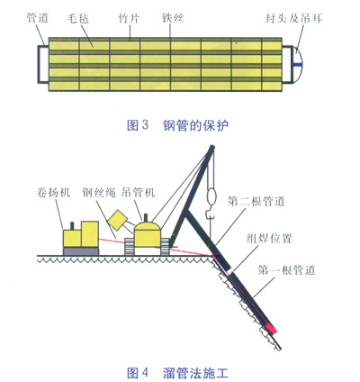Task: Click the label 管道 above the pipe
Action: (37, 18)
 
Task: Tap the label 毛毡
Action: (78, 19)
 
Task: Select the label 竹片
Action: (129, 19)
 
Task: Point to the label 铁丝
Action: (173, 18)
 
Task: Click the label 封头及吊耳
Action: (293, 19)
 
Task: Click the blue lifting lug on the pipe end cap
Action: (298, 64)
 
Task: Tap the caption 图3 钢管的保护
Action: (177, 125)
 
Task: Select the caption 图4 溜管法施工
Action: (177, 373)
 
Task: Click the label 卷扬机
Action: (53, 192)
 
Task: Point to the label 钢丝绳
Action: (99, 192)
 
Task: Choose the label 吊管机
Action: (139, 192)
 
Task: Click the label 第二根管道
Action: (256, 201)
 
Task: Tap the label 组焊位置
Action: (269, 239)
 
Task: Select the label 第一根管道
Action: (286, 270)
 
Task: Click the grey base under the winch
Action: (81, 251)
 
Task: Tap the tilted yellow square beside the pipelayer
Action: (118, 221)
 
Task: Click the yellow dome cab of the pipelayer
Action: (147, 234)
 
